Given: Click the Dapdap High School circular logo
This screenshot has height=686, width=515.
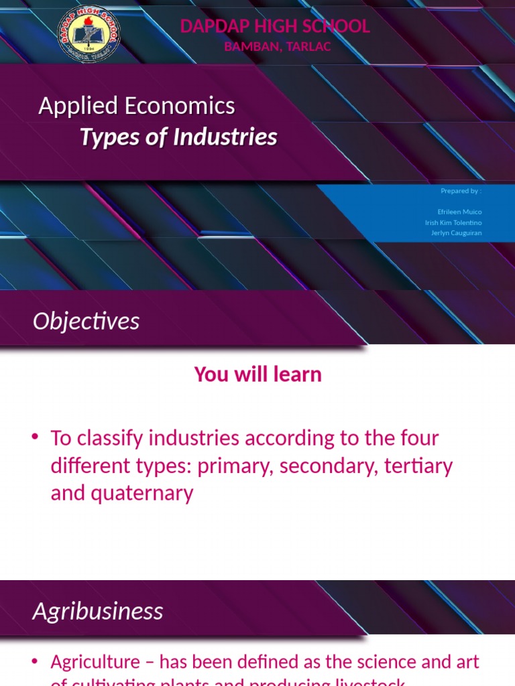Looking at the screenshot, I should (89, 33).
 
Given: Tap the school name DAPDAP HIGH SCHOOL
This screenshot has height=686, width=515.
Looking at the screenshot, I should (275, 26).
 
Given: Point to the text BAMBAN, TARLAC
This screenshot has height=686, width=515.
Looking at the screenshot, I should (277, 46).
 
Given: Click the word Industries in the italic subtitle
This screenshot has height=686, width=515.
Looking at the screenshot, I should (225, 137).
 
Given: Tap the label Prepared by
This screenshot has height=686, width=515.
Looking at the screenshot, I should (461, 191).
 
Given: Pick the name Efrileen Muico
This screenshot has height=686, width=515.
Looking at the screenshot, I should (459, 212).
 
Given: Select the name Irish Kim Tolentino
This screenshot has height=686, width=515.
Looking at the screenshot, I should (453, 222).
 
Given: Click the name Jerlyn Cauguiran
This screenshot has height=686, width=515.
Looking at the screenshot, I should (456, 233).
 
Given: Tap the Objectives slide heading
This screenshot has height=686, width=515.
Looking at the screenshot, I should (86, 322).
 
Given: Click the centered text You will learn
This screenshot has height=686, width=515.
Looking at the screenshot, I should (257, 374).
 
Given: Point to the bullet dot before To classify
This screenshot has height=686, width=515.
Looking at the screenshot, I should (35, 437).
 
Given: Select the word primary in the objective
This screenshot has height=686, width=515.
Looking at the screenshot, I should (235, 466).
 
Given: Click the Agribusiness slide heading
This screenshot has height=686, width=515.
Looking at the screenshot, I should (98, 611).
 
